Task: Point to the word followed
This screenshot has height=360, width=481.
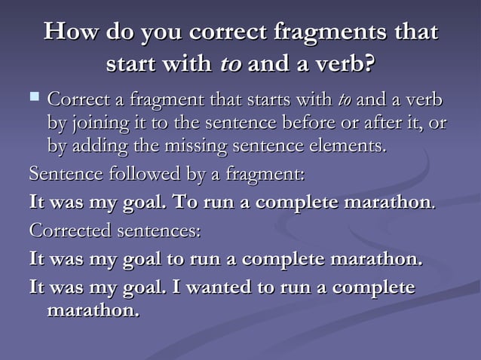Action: (132, 175)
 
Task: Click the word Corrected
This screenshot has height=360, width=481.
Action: (66, 229)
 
